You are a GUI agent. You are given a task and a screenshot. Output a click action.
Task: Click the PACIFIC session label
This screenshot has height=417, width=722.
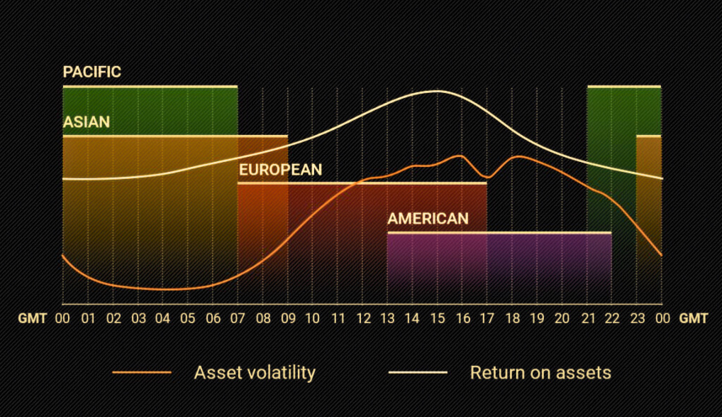(91, 72)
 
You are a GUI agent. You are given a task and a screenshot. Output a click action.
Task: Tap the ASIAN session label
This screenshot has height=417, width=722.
(86, 121)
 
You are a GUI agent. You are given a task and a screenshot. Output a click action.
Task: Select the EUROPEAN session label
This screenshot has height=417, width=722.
(280, 170)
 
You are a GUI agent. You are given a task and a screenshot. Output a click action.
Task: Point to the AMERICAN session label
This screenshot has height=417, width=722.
(428, 219)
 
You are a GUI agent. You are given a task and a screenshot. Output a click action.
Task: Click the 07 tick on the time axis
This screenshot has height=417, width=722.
(238, 318)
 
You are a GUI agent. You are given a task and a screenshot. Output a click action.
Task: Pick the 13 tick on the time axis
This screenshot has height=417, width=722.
(387, 318)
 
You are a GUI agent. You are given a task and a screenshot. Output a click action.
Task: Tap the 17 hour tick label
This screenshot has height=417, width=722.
(487, 318)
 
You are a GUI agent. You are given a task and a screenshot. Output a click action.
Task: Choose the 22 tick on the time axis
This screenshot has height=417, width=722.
(612, 318)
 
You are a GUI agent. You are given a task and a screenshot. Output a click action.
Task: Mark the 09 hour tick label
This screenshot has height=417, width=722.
(288, 318)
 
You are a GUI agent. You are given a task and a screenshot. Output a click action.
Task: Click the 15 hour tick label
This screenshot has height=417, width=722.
(438, 318)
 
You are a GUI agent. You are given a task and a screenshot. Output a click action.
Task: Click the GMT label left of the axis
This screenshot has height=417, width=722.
(32, 318)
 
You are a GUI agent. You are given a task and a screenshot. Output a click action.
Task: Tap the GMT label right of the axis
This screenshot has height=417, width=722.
(693, 318)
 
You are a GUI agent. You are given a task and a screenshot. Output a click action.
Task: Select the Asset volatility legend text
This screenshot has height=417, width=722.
(255, 373)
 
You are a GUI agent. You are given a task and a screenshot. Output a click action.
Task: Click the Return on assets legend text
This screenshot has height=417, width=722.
(540, 373)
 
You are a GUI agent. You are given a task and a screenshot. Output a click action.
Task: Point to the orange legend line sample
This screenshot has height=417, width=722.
(142, 372)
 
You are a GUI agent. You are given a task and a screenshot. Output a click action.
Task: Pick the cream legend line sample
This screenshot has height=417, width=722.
(418, 372)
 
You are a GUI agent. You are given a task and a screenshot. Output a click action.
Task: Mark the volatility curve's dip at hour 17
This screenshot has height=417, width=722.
(487, 177)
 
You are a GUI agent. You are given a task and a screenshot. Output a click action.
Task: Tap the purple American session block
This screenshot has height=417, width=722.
(499, 268)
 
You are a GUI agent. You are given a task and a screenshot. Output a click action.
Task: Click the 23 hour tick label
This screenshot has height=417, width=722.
(638, 318)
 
